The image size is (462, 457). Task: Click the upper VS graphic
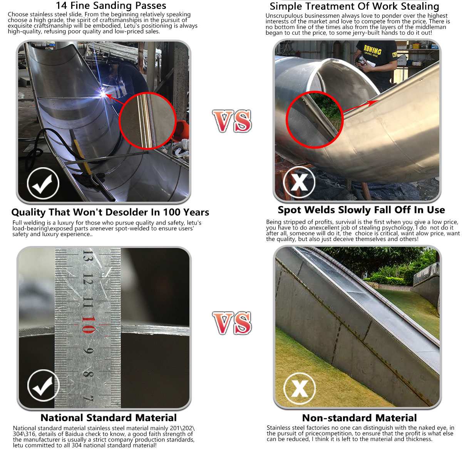(x=232, y=121)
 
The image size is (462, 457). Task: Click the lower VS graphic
(x=232, y=323)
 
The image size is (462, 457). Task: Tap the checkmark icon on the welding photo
(x=43, y=183)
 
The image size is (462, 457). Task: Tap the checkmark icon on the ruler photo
(x=44, y=385)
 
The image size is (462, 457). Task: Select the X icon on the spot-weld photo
(x=299, y=182)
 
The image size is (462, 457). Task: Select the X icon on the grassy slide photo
(x=300, y=388)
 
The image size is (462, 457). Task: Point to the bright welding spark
(x=103, y=94)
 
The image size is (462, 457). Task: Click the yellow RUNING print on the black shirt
(x=372, y=49)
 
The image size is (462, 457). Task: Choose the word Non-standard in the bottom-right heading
(x=330, y=418)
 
